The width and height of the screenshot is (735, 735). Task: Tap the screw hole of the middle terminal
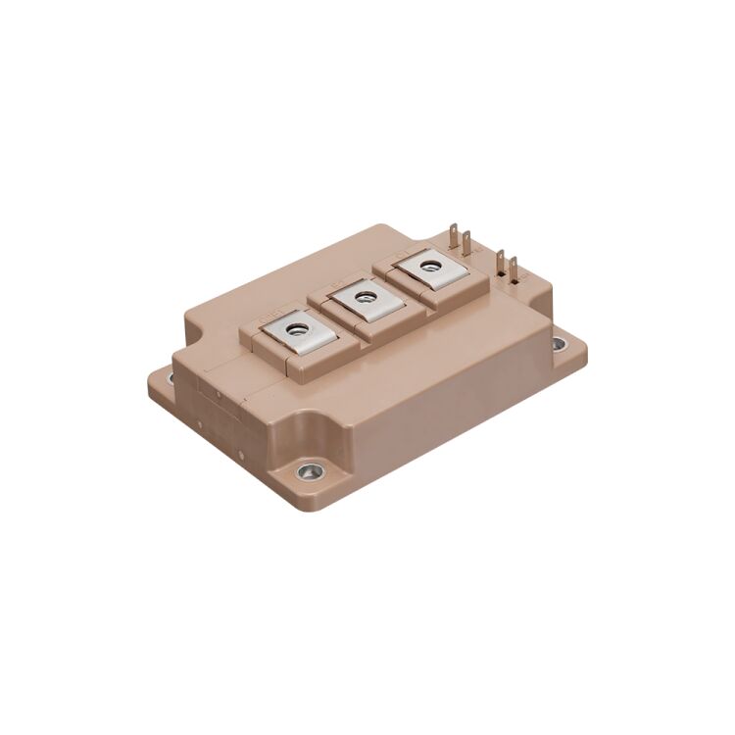(365, 295)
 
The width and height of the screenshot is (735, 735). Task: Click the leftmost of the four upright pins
(453, 238)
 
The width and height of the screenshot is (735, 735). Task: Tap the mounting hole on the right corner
(559, 344)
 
